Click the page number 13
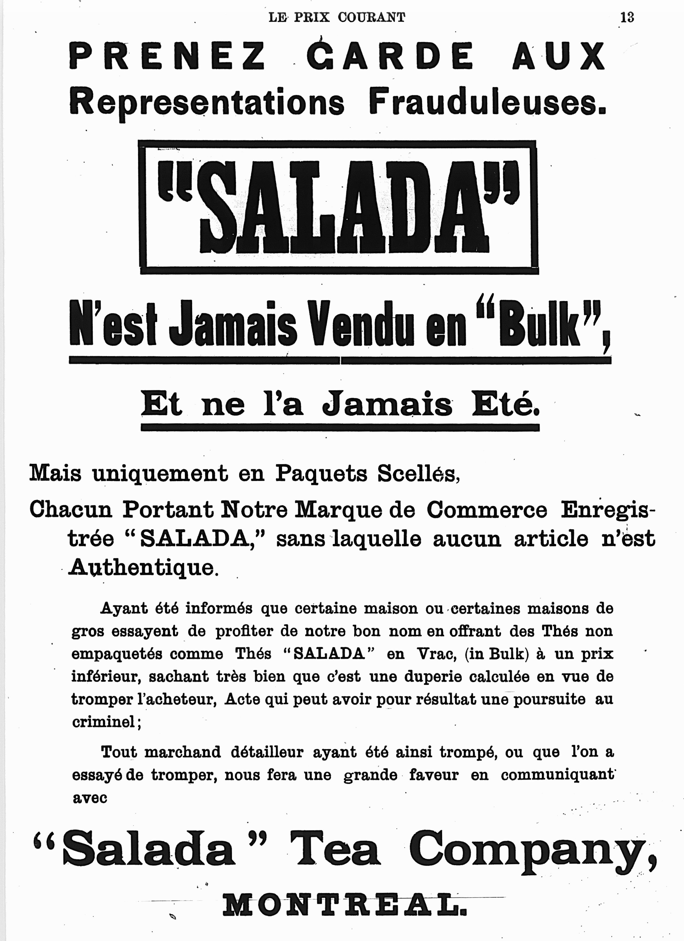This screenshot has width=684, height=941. (627, 18)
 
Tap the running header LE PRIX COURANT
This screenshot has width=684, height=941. (337, 18)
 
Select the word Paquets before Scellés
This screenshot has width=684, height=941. (322, 473)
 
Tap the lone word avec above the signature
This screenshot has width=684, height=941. (90, 797)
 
